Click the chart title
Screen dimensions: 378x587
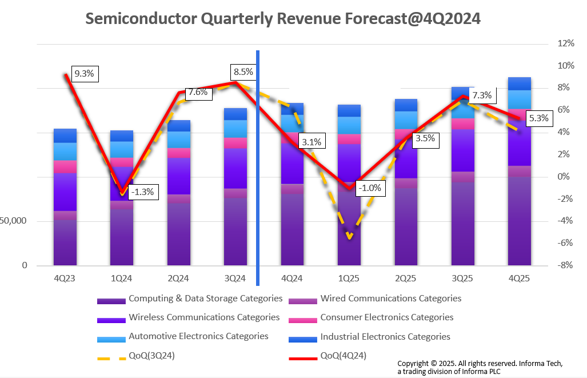283,18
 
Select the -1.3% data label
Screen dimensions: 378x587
141,192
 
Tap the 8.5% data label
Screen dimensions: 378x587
243,72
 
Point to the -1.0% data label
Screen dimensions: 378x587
370,188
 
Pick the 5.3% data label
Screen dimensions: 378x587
538,119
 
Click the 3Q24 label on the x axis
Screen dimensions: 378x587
235,278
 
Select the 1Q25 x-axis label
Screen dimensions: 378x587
349,278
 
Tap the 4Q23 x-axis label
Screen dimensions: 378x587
65,278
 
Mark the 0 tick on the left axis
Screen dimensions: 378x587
25,265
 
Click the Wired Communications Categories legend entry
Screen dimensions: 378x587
390,299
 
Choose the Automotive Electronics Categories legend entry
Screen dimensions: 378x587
198,336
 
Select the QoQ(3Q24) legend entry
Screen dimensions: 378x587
151,356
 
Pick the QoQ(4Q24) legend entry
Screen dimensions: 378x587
343,356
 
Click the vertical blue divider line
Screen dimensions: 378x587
258,172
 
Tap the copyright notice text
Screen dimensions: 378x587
480,367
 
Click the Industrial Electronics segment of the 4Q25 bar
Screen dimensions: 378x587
520,83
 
